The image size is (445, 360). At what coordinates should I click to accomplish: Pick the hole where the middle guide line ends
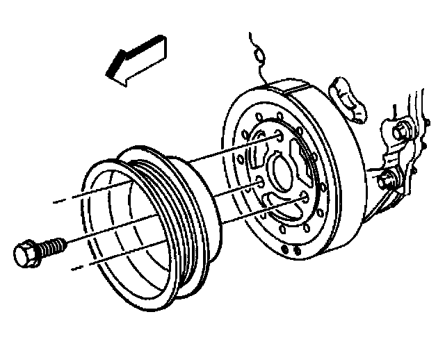259,183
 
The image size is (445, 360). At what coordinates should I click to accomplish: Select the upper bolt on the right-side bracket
402,130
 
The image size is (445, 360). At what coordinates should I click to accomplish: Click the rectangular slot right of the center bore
305,156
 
